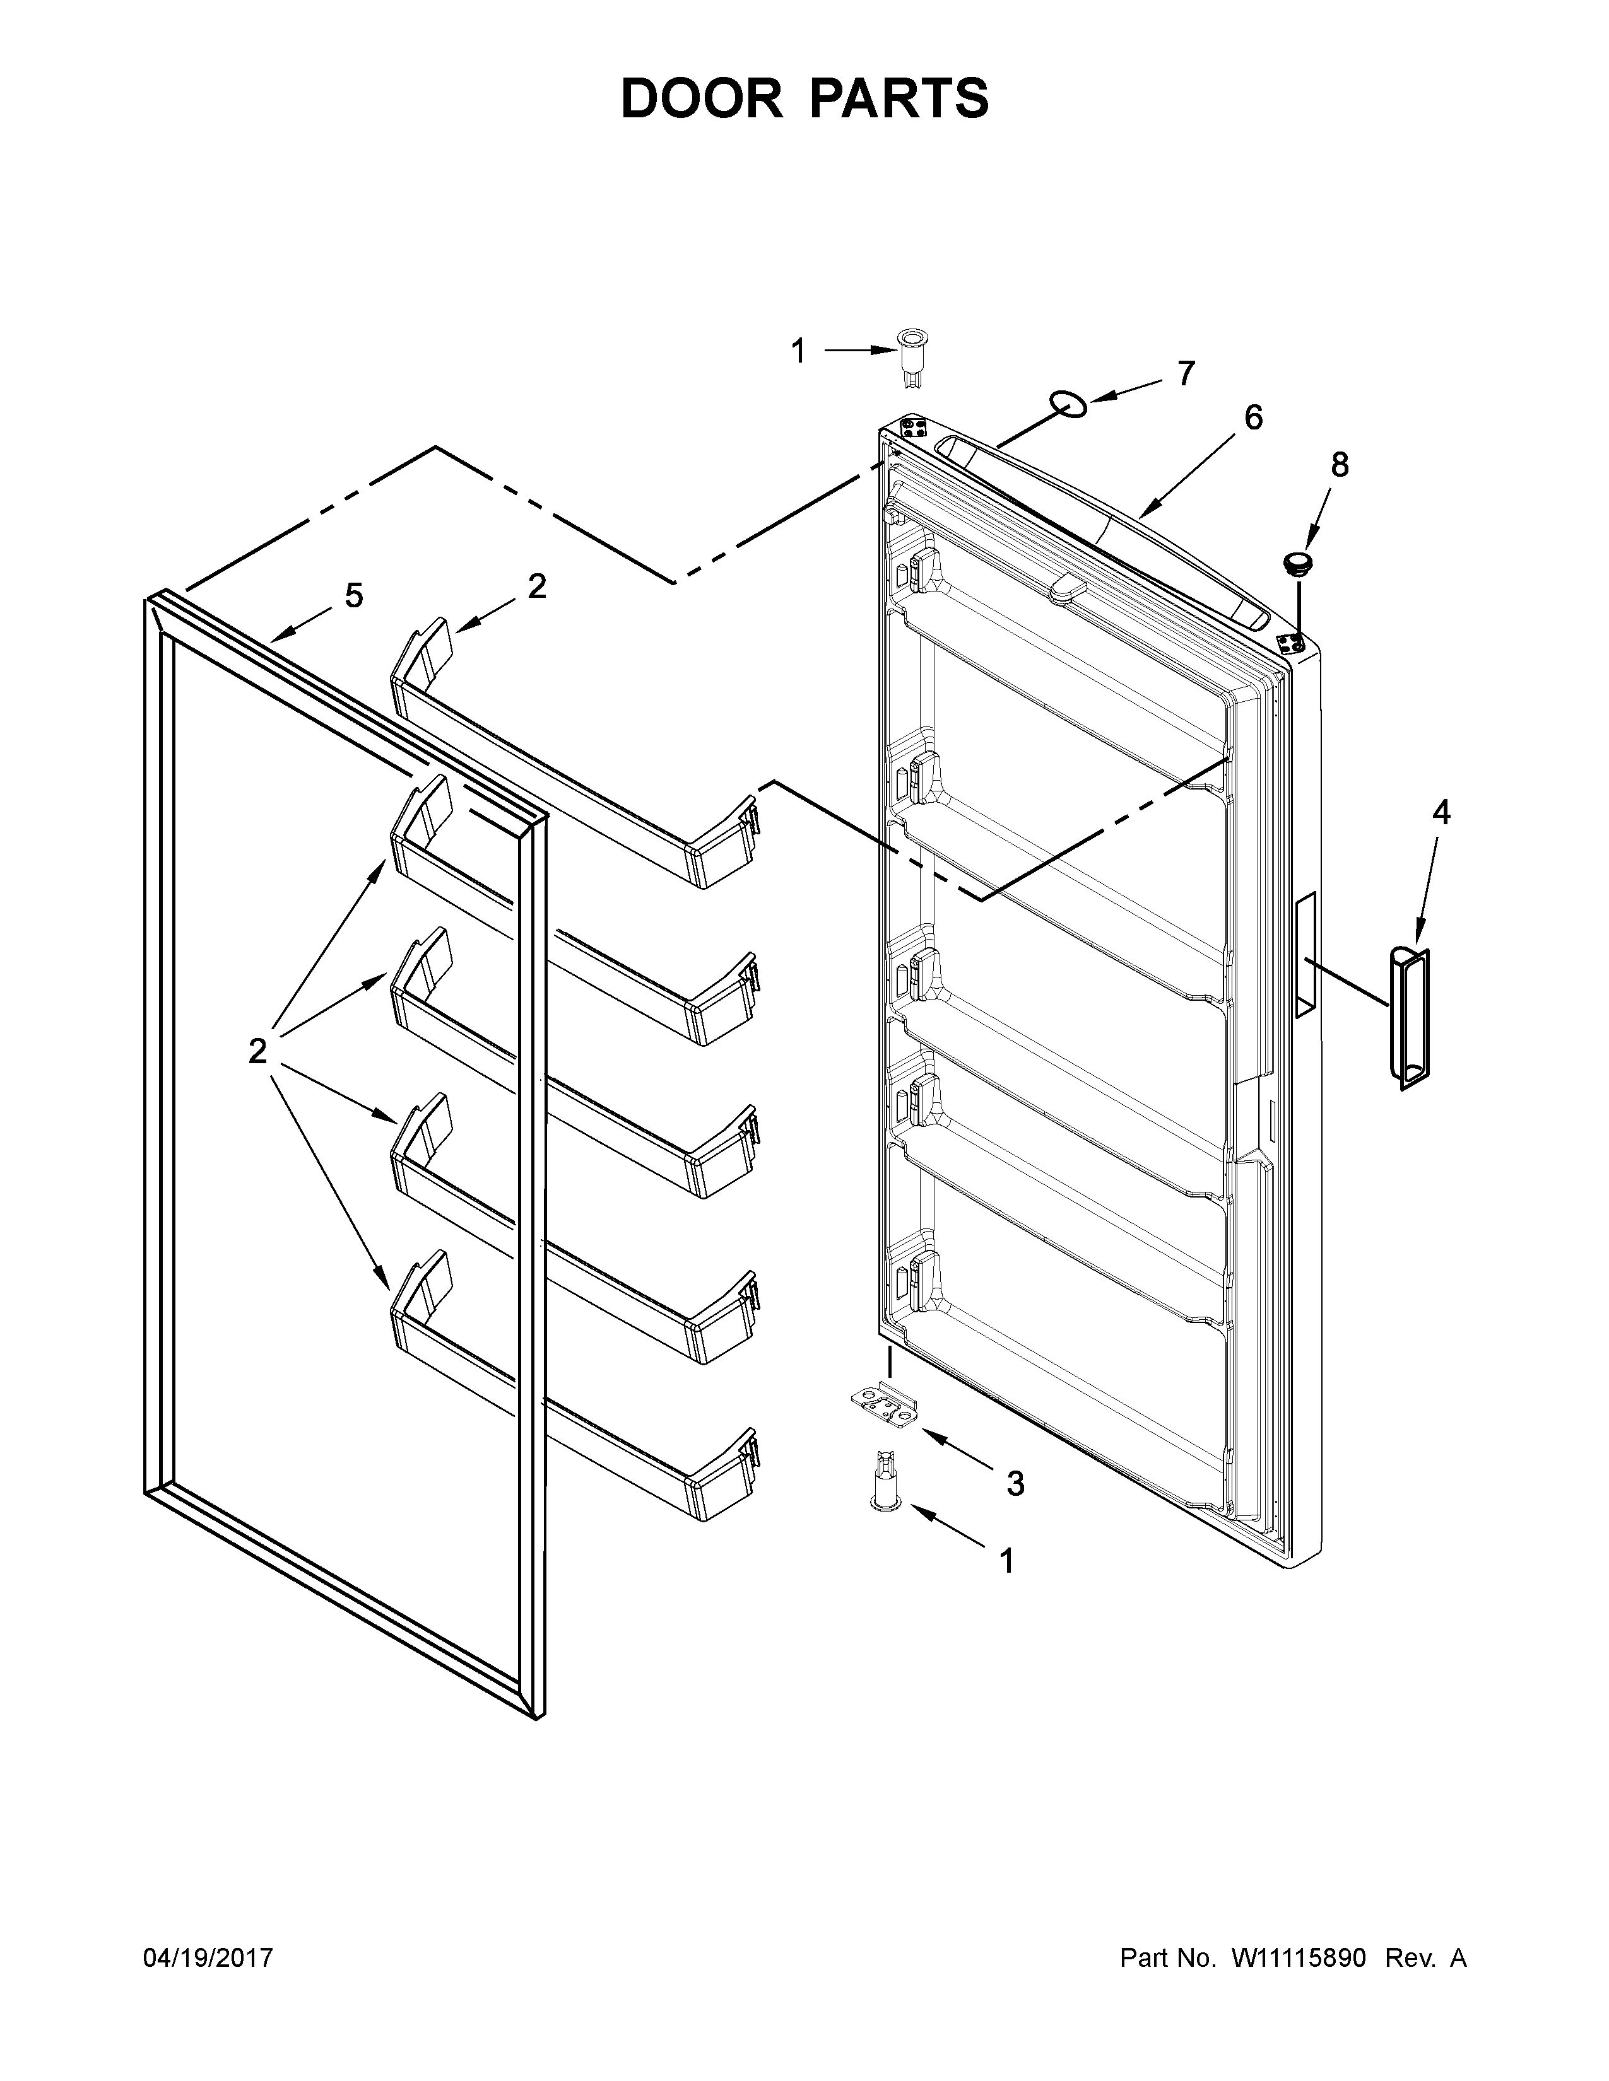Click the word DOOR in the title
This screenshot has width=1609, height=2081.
point(700,99)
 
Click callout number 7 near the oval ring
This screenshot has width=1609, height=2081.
point(1185,373)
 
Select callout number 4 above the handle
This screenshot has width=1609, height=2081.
point(1441,813)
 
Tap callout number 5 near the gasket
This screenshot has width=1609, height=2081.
point(353,597)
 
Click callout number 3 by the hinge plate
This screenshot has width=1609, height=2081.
point(1015,1484)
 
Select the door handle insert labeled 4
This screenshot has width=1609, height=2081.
point(1409,1018)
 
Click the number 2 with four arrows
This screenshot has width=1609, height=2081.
point(257,1052)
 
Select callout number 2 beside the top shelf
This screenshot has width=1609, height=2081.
point(537,586)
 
